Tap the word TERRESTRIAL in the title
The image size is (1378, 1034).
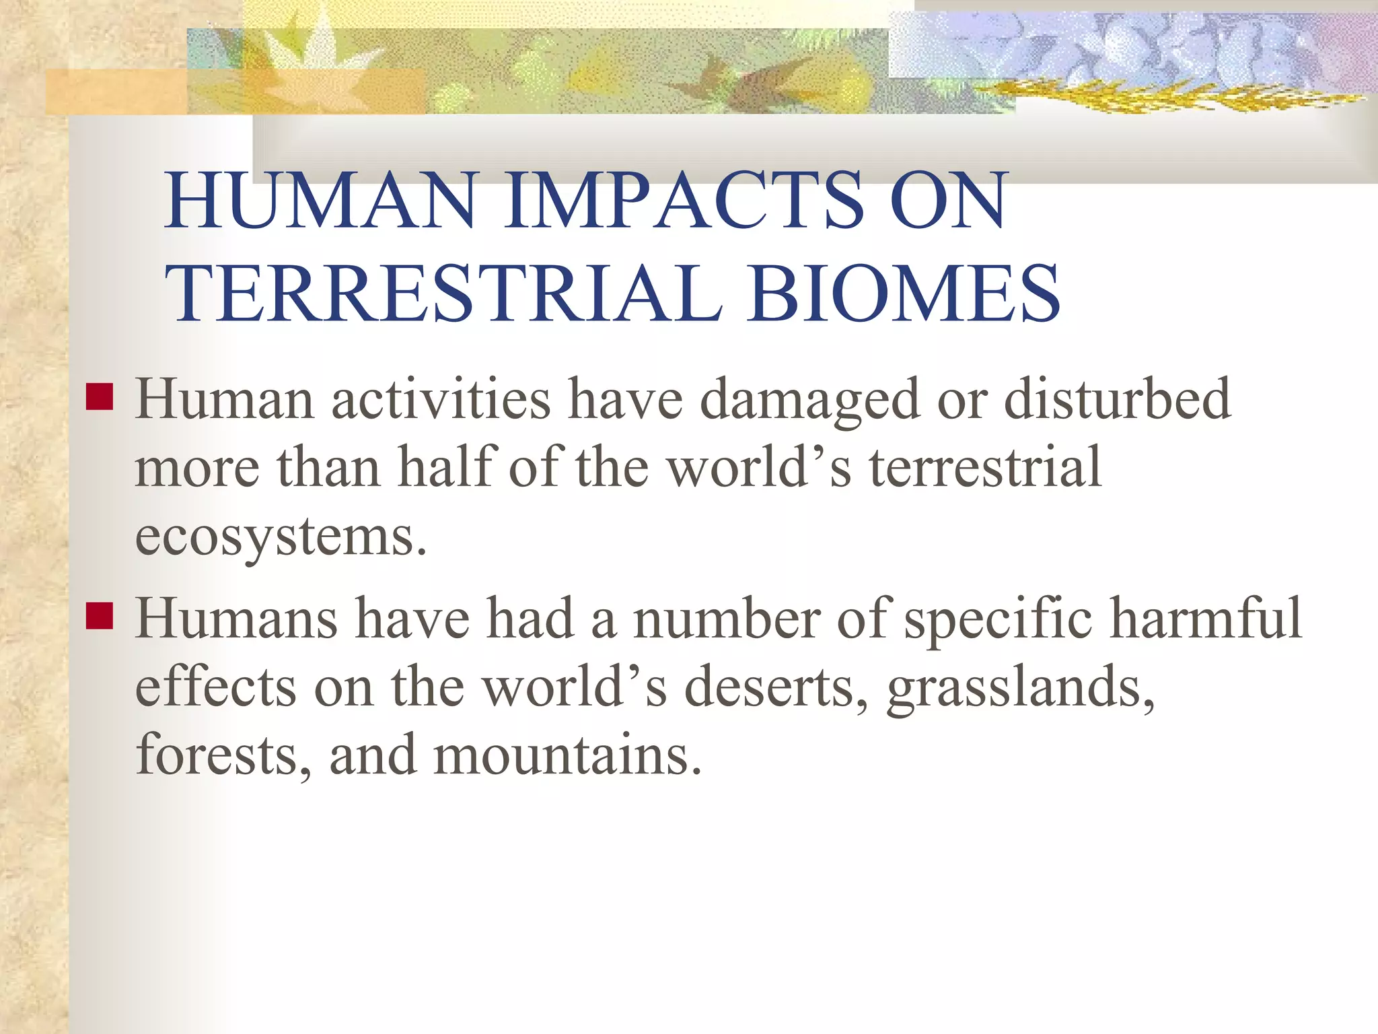coord(444,294)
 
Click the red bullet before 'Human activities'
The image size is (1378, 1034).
coord(100,397)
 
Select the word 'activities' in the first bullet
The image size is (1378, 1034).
coord(441,400)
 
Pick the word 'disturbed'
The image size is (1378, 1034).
coord(1117,400)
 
